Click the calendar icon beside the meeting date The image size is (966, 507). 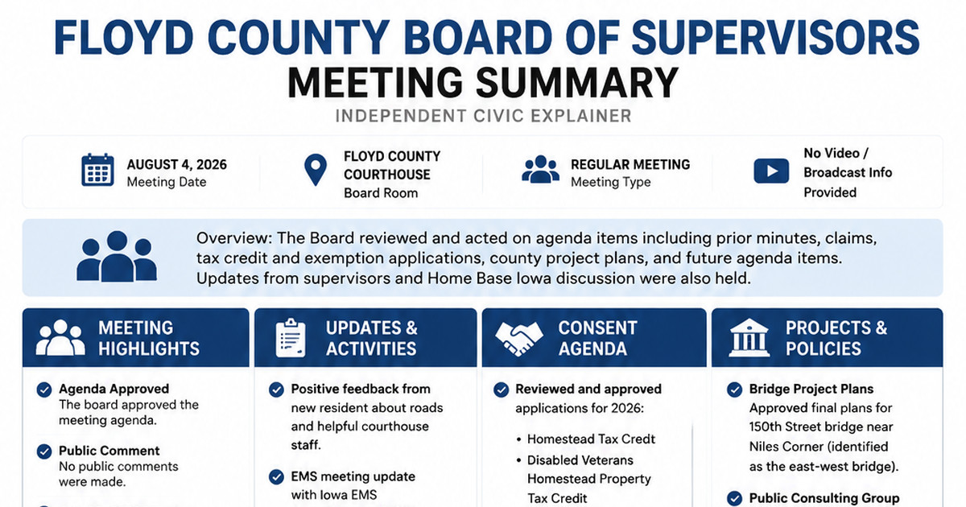point(98,170)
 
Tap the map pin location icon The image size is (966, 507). point(316,170)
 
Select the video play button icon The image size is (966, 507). point(771,171)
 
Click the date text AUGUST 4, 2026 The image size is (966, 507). point(176,165)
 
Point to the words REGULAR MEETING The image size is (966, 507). point(630,165)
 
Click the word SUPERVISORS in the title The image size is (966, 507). point(775,38)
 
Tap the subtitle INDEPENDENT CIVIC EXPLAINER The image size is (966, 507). point(483,116)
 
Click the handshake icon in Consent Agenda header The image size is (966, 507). point(518,339)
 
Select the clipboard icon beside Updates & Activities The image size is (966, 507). point(291,339)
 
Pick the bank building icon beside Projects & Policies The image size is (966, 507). point(749,337)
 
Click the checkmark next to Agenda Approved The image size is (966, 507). point(44,390)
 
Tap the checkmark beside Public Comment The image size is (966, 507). point(44,451)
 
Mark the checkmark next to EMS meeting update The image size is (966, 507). point(276,476)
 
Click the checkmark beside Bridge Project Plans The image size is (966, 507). point(734,390)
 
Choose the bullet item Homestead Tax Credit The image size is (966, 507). point(591,439)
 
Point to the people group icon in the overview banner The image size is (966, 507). point(117,257)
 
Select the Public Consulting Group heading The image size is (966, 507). point(824,498)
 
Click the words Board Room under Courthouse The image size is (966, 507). point(381,192)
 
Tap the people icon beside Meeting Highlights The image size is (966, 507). point(60,337)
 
